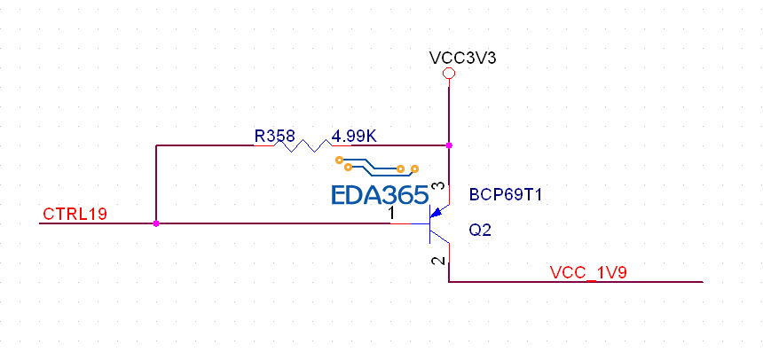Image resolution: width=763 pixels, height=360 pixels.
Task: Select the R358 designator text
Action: point(276,137)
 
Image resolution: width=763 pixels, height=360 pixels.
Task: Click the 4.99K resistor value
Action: point(354,137)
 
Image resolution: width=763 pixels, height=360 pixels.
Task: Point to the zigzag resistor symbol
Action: point(302,145)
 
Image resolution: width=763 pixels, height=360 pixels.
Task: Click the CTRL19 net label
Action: point(75,215)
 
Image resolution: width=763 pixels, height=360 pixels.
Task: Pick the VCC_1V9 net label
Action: point(589,272)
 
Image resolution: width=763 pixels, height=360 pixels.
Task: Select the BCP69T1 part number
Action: point(505,194)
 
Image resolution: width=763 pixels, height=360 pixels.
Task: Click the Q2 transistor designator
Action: point(480,230)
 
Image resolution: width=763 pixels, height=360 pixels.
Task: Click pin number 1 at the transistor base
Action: point(391,215)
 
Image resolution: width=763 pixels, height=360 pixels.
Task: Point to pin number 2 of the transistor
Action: point(435,261)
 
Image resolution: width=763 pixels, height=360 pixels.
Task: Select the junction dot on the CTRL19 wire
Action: point(156,223)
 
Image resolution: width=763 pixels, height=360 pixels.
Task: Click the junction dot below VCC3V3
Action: point(449,145)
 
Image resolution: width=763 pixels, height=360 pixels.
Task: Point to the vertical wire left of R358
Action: point(156,184)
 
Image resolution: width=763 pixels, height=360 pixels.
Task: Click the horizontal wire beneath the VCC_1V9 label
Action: point(577,282)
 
